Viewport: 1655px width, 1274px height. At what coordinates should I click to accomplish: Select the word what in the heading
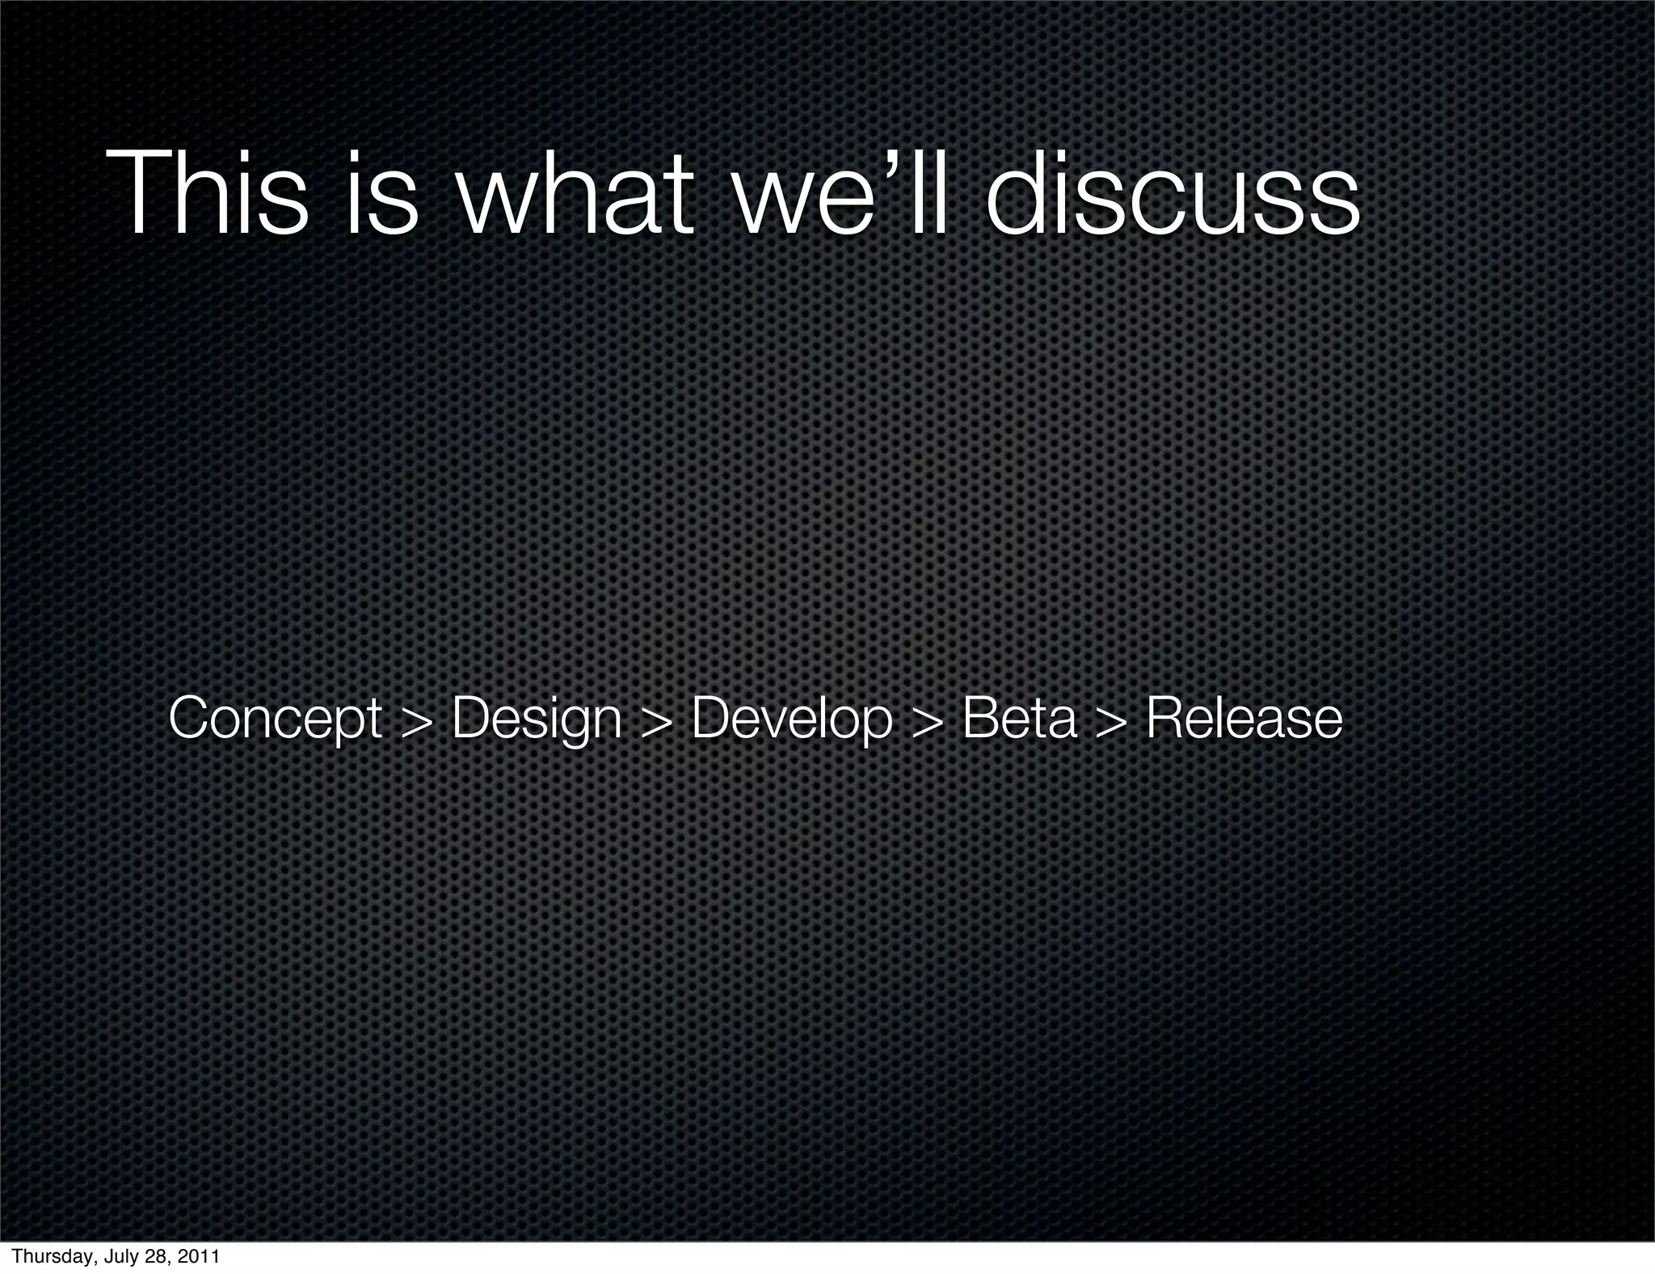click(x=575, y=194)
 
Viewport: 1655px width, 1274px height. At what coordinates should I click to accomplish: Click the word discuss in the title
click(x=1172, y=194)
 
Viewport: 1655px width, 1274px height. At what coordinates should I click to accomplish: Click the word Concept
click(x=275, y=719)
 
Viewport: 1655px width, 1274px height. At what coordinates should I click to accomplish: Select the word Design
click(x=537, y=719)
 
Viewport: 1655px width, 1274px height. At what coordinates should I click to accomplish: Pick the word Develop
click(x=792, y=719)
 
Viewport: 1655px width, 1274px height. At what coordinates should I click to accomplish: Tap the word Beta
click(x=1020, y=717)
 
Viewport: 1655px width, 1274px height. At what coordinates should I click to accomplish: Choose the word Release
click(x=1244, y=717)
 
